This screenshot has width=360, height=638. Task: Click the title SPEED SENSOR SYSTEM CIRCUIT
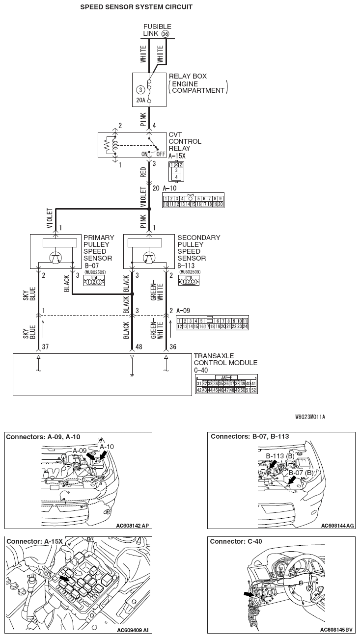(x=136, y=7)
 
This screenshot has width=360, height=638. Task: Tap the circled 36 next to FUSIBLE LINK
(x=165, y=34)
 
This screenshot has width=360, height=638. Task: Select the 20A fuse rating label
(x=140, y=101)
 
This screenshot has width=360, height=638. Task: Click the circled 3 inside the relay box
(x=140, y=90)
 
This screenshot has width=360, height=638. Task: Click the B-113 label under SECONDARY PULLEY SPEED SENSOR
(x=186, y=266)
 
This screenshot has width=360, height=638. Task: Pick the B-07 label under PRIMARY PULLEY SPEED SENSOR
(x=91, y=266)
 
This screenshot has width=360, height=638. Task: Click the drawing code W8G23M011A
(x=310, y=417)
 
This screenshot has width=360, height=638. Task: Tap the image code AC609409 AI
(x=133, y=630)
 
